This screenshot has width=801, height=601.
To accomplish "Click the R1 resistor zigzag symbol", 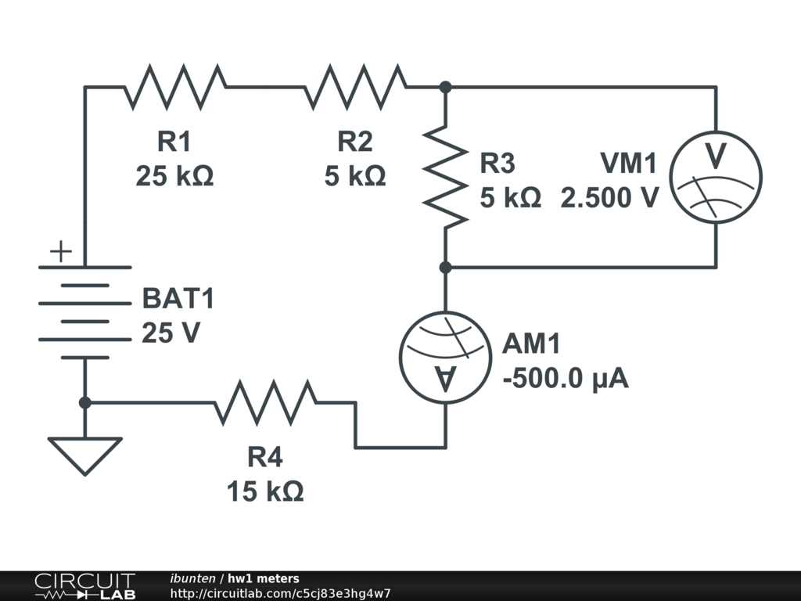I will [x=175, y=87].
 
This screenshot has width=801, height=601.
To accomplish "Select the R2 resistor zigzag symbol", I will [x=355, y=87].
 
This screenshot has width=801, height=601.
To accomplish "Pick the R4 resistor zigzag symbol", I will [x=265, y=403].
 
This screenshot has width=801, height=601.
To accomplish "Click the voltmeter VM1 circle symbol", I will [x=716, y=177].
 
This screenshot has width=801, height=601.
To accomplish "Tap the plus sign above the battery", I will [x=60, y=252].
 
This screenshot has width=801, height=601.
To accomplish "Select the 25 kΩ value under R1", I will [x=174, y=176].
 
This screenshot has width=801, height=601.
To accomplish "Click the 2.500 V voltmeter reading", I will [x=609, y=198].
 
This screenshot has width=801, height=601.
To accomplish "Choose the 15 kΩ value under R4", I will [x=265, y=491].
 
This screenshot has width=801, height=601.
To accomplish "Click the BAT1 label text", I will [x=178, y=298].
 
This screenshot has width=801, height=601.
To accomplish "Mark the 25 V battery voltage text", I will [x=171, y=333].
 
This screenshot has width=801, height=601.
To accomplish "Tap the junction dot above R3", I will [x=445, y=87].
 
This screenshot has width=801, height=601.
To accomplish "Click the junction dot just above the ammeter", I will [x=445, y=268].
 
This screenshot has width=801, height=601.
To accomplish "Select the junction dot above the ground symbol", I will [x=84, y=402].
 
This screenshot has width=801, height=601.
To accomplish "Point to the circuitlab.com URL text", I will [x=280, y=593].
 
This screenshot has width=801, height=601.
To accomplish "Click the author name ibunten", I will [x=193, y=578].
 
